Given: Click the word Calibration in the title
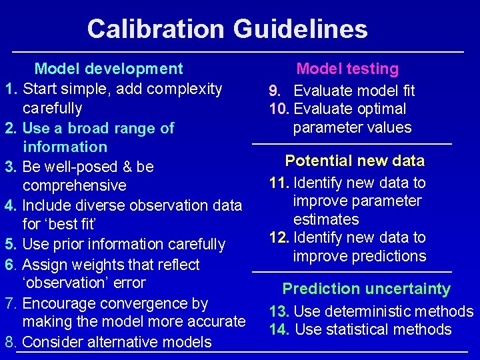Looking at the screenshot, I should click(155, 29).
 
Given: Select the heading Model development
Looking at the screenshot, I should click(109, 69).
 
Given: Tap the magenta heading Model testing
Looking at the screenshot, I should click(347, 69).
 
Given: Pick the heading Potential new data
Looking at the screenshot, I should click(354, 161).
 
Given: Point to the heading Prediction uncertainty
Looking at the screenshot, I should click(366, 289).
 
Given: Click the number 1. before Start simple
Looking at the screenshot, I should click(11, 89).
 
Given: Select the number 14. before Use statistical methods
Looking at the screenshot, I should click(279, 329).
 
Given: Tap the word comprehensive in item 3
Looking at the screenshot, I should click(74, 185).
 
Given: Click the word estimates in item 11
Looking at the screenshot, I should click(326, 219).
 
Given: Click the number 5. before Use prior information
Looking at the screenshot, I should click(11, 245).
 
